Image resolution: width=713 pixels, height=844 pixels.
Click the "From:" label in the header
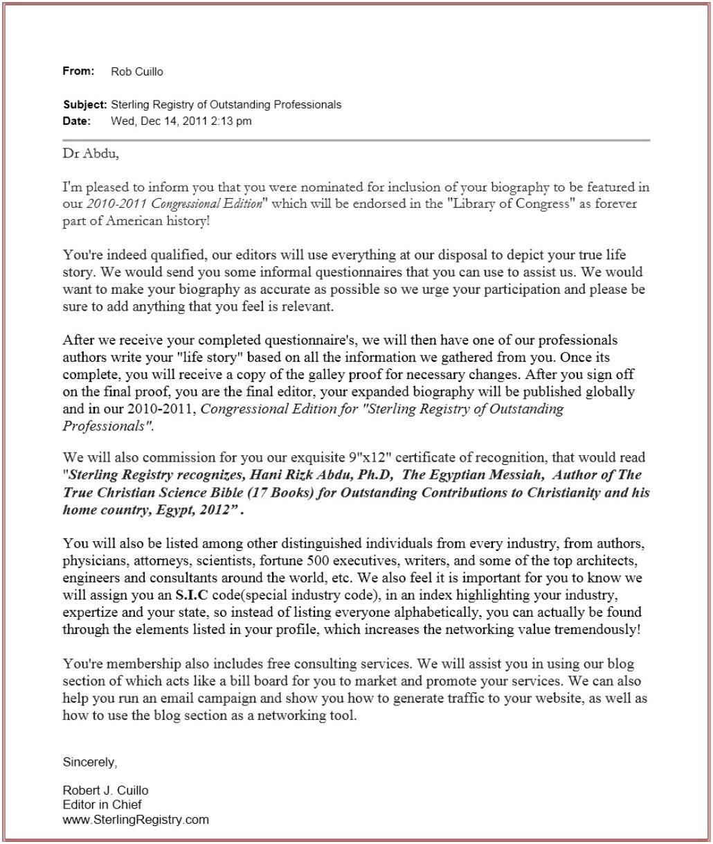78,71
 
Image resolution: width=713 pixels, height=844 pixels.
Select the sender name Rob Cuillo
137,72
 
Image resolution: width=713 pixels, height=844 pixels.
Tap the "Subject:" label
84,105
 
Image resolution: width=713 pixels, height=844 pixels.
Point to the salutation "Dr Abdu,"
91,154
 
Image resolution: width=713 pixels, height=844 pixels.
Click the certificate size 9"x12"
360,457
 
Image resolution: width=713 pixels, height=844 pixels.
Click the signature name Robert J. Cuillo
105,791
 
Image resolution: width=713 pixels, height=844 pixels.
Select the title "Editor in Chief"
102,805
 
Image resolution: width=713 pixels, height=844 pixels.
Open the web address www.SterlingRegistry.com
136,819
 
